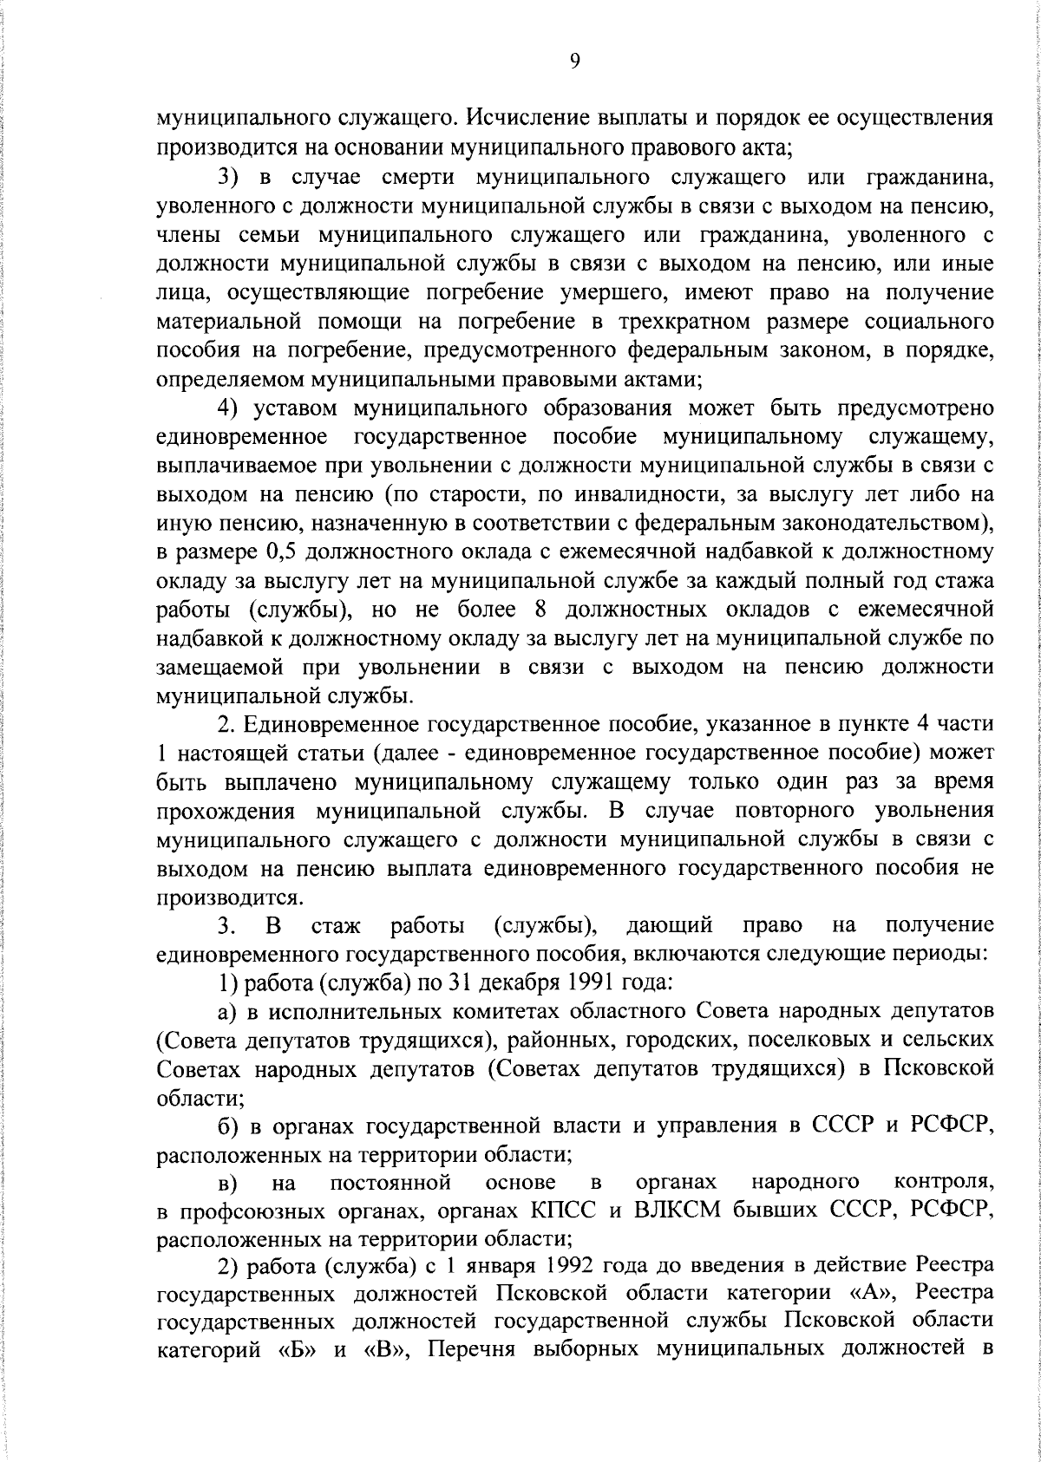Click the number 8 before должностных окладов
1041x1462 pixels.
point(540,610)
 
